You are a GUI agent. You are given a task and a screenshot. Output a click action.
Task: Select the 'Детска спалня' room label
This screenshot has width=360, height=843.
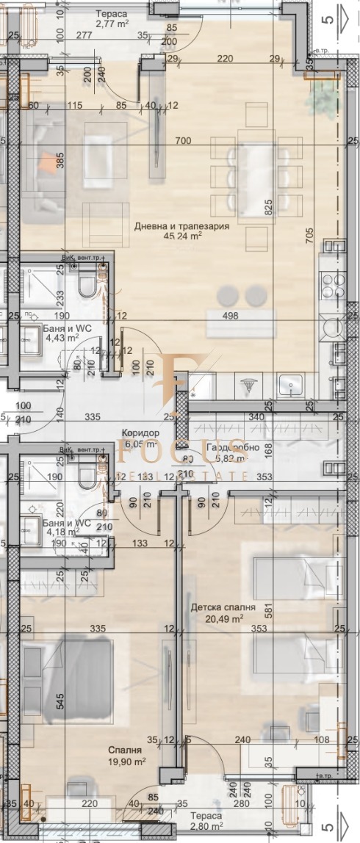pos(223,608)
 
